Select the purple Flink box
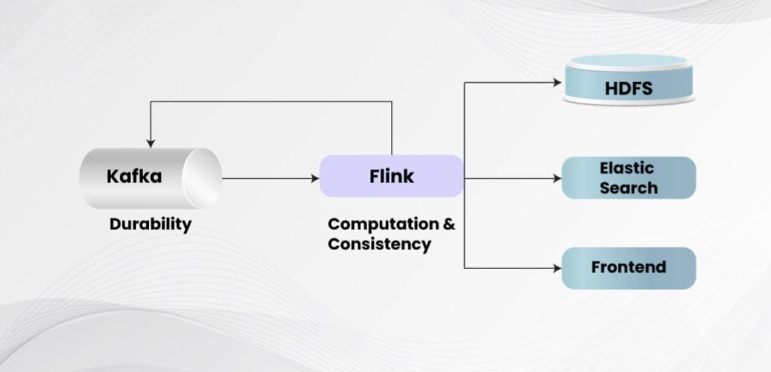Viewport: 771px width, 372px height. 392,176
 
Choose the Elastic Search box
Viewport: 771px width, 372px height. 628,178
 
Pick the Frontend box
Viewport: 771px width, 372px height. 628,268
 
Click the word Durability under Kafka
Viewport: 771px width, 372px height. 150,224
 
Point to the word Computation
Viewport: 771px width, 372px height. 383,224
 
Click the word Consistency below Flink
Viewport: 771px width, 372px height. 379,244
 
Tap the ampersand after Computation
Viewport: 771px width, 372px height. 449,224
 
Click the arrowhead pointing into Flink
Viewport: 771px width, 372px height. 316,179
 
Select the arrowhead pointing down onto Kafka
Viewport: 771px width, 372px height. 150,144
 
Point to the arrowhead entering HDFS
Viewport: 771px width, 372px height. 558,83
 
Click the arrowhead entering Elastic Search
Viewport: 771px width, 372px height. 558,179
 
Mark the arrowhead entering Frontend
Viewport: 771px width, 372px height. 558,268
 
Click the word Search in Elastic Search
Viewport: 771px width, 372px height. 628,188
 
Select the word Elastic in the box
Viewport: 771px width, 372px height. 627,168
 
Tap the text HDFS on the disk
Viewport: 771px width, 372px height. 628,88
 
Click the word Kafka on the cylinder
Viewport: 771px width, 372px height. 134,177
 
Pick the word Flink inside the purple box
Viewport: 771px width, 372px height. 392,177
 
